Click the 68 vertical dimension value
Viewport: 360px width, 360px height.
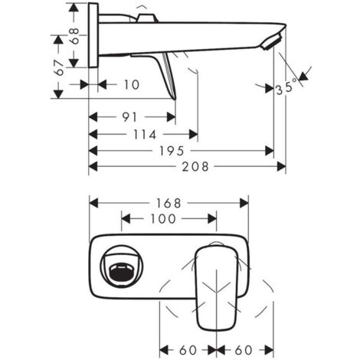pos(74,35)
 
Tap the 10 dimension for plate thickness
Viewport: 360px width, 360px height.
pos(131,85)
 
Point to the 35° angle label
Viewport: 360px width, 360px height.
pos(288,88)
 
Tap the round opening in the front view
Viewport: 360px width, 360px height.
pos(121,270)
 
